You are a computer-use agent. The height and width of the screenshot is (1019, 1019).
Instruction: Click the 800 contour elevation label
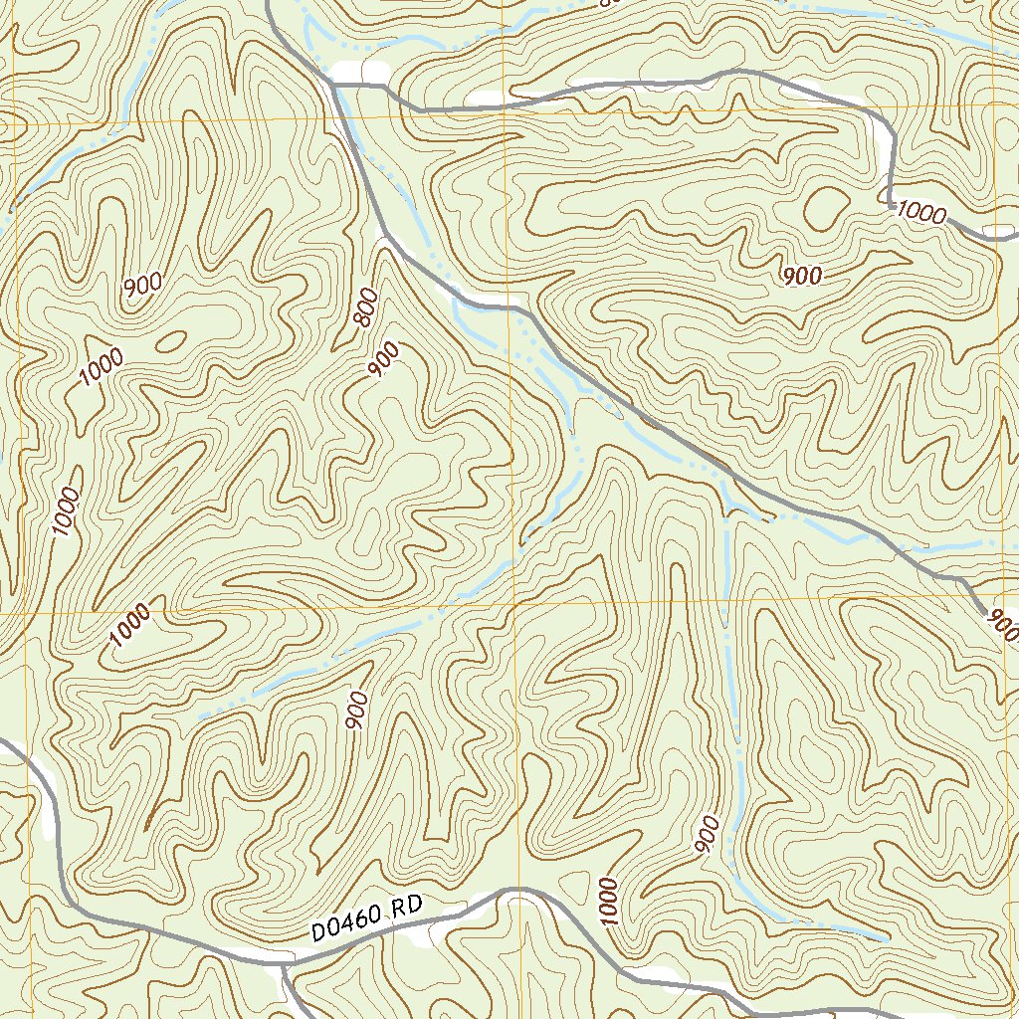click(364, 307)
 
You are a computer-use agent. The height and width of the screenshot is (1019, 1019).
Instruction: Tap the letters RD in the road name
click(408, 910)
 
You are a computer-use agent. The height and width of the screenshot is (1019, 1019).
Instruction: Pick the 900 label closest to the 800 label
click(383, 360)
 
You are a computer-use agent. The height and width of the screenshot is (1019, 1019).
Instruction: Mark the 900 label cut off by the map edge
click(1002, 626)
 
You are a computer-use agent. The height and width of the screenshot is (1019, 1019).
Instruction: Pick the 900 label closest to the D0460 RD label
click(358, 711)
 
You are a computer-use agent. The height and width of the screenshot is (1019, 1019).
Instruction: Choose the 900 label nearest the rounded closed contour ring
click(802, 276)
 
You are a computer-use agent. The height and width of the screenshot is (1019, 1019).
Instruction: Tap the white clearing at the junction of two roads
click(360, 72)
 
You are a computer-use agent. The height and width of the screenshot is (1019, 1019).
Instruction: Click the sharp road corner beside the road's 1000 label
click(889, 203)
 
